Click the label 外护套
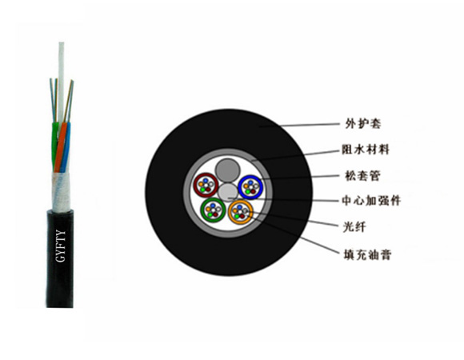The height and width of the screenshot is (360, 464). (363, 123)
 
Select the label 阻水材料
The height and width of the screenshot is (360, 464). (366, 150)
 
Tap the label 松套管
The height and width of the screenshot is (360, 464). (362, 175)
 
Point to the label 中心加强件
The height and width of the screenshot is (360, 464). (371, 201)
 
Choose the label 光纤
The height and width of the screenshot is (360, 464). (354, 227)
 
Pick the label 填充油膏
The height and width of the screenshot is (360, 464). (367, 254)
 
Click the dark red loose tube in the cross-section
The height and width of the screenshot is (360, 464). (206, 185)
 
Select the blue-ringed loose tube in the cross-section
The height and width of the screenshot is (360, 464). (250, 187)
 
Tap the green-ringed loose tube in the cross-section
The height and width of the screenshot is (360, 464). (213, 210)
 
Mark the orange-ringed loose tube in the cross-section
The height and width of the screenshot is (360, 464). (241, 212)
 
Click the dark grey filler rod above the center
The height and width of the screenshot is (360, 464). (227, 170)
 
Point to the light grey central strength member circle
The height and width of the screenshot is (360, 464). (228, 193)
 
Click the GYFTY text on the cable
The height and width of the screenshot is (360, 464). (61, 246)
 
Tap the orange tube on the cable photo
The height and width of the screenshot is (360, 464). (61, 147)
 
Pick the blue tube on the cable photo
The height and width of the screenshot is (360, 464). (66, 148)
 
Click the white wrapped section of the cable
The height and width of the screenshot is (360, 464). (61, 192)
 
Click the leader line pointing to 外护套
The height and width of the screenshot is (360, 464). (299, 125)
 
